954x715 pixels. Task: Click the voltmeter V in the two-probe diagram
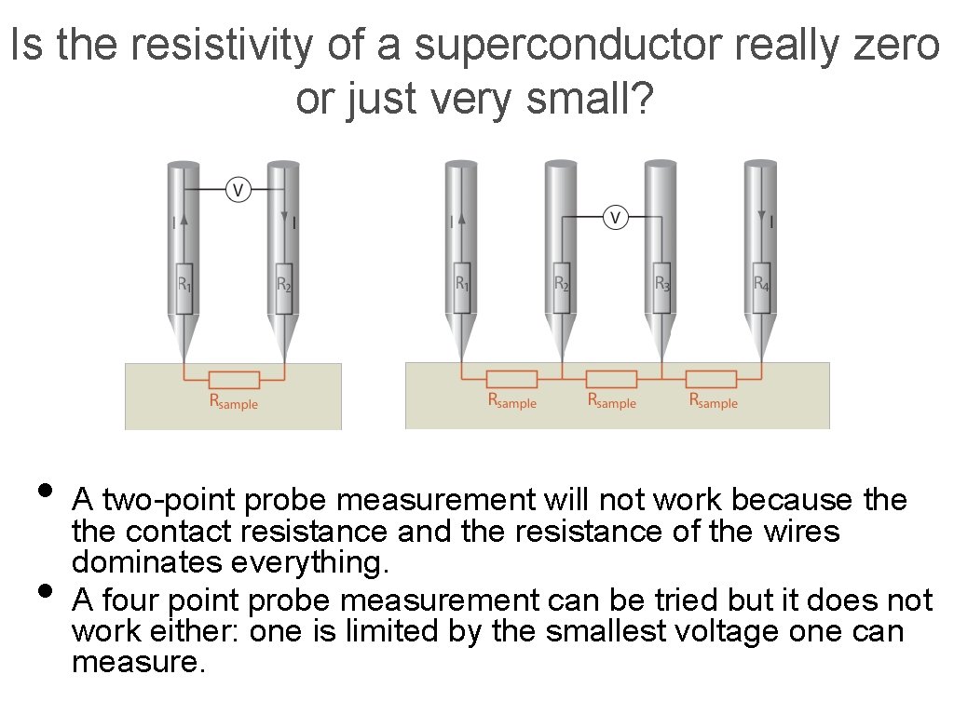[x=238, y=191]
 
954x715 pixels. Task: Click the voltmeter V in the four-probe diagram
[x=615, y=217]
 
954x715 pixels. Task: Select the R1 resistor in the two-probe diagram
[x=184, y=283]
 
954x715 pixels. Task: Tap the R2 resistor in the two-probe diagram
[x=284, y=283]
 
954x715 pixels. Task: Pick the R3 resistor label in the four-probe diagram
[x=662, y=283]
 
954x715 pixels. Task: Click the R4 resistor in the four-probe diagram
[x=762, y=283]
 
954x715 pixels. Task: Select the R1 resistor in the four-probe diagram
[x=462, y=283]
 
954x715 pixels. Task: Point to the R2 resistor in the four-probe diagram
[x=562, y=283]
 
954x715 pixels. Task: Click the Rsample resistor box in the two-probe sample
[x=234, y=380]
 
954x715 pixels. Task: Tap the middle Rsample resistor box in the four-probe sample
[x=612, y=380]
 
